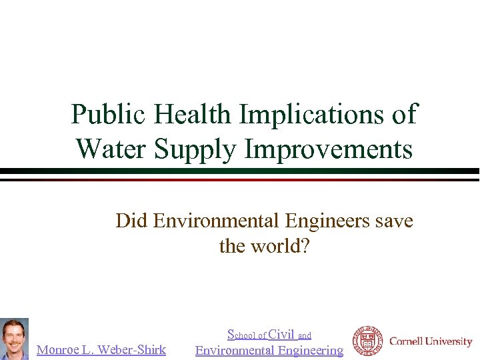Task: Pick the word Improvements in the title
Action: [329, 148]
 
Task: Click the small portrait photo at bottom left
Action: [14, 339]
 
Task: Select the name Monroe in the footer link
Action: [59, 349]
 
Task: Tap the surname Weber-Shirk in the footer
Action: [133, 349]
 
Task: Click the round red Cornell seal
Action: [367, 341]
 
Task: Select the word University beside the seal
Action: [450, 342]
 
